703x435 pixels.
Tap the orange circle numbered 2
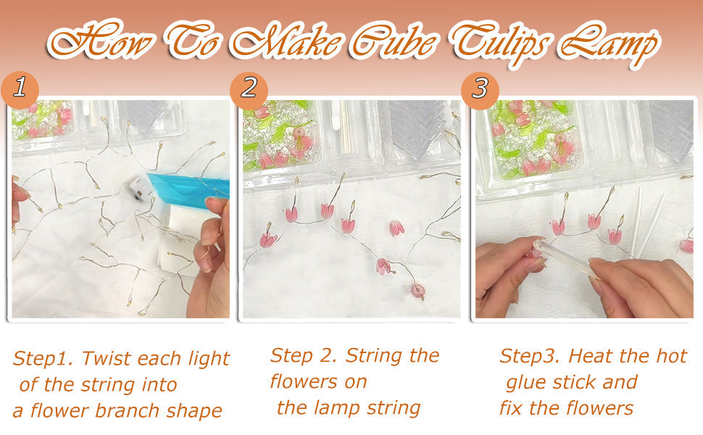(x=249, y=89)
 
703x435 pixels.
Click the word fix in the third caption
(x=511, y=407)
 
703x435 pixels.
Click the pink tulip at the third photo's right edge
(x=686, y=246)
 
